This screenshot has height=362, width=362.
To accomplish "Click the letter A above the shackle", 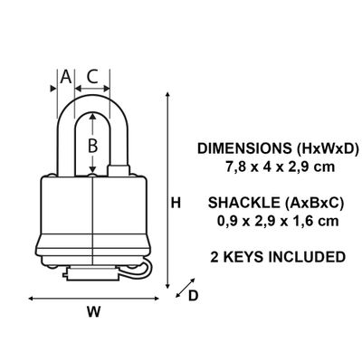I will pos(65,77).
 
